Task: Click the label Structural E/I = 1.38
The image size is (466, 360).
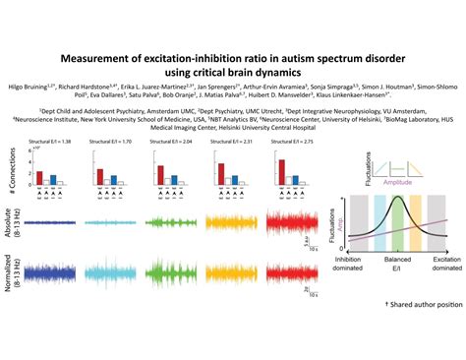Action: tap(54, 143)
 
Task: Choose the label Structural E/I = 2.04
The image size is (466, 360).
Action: tap(169, 143)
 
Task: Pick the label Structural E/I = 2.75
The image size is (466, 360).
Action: tap(284, 143)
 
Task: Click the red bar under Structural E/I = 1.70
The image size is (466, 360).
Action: tap(99, 176)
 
